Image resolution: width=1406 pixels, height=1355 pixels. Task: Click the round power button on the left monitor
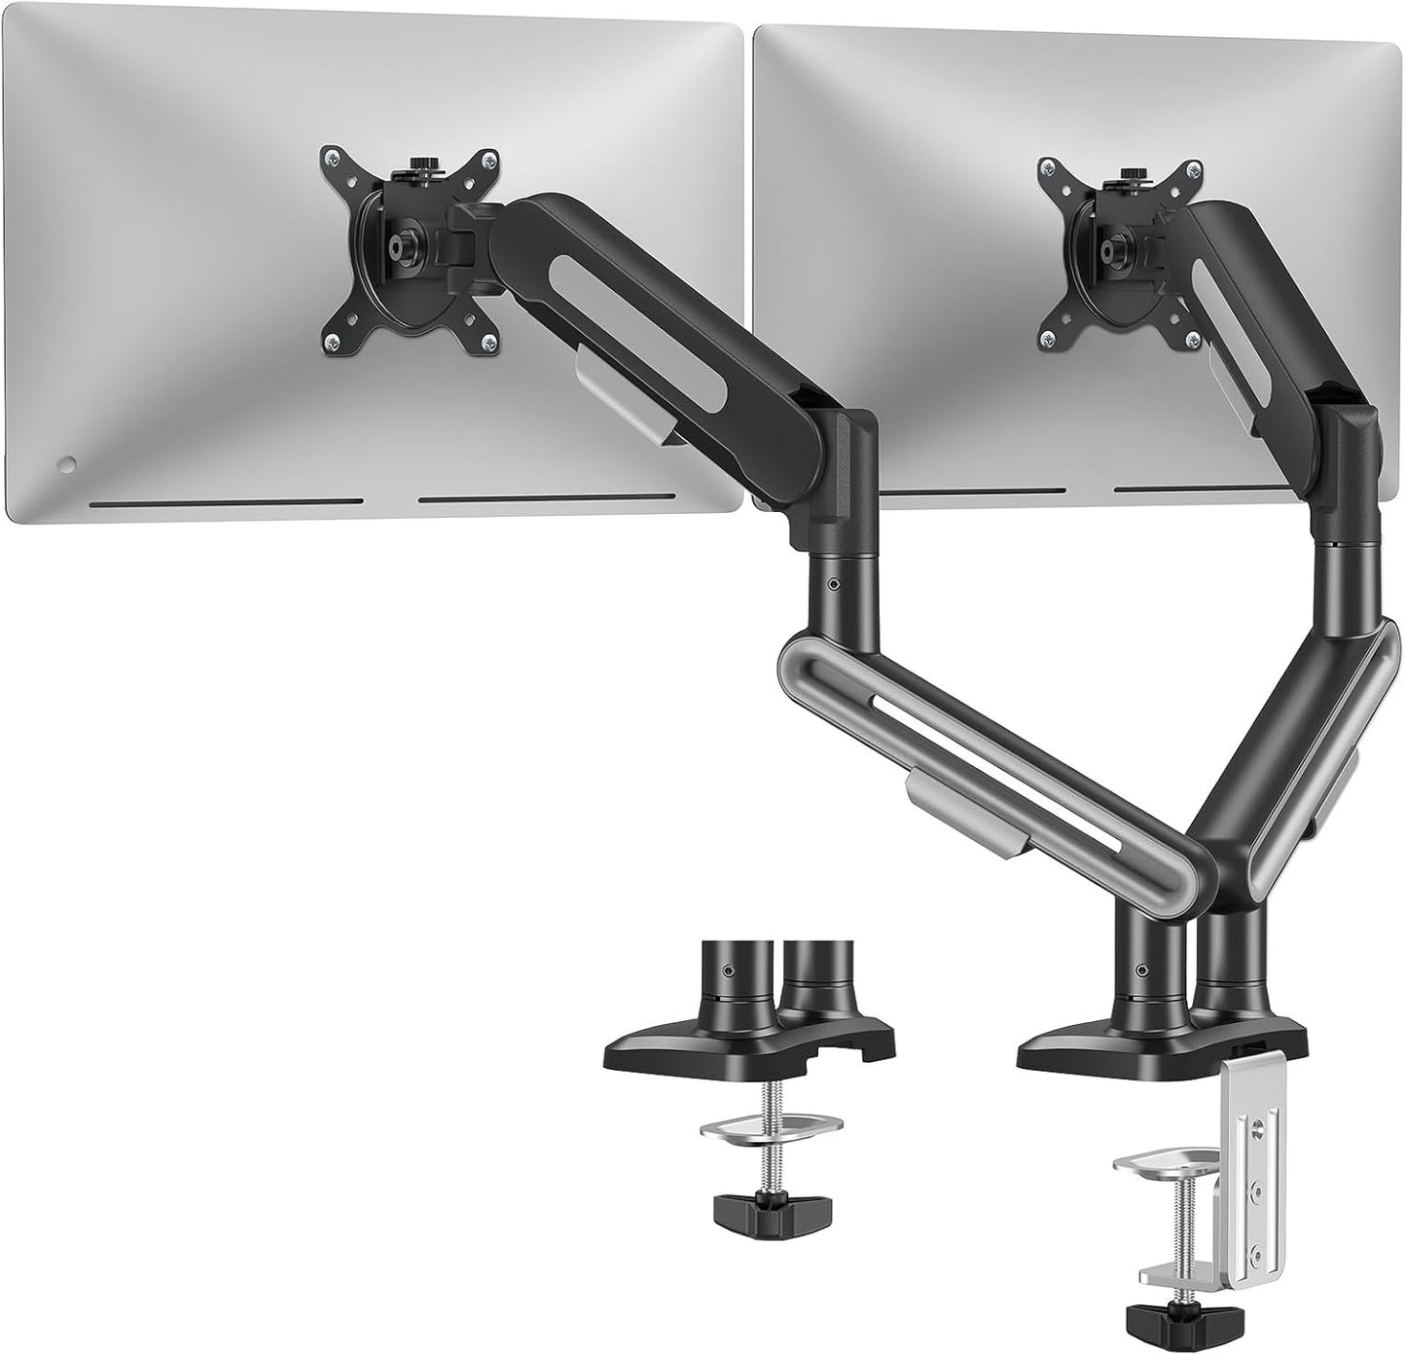[66, 464]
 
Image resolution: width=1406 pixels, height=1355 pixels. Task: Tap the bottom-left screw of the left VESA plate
[334, 339]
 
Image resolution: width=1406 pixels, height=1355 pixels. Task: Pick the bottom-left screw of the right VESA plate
[1049, 339]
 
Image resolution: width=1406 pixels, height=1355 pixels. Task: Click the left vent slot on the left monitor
[226, 503]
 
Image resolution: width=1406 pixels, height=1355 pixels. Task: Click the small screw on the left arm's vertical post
[834, 585]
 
